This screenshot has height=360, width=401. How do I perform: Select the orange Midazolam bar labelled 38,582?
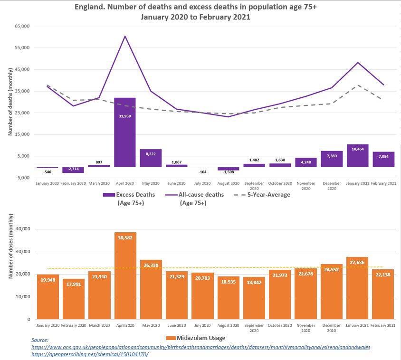point(125,275)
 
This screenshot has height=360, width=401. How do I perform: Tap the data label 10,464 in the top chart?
point(357,149)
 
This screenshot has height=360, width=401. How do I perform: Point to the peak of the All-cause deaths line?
point(125,36)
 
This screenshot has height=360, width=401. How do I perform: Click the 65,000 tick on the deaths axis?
point(22,26)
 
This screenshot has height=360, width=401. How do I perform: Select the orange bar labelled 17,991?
point(74,299)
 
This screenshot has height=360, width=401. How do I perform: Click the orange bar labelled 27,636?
point(358,294)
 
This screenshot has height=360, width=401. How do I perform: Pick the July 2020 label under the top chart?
point(202,183)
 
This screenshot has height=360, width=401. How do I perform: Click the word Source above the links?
point(40,341)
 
